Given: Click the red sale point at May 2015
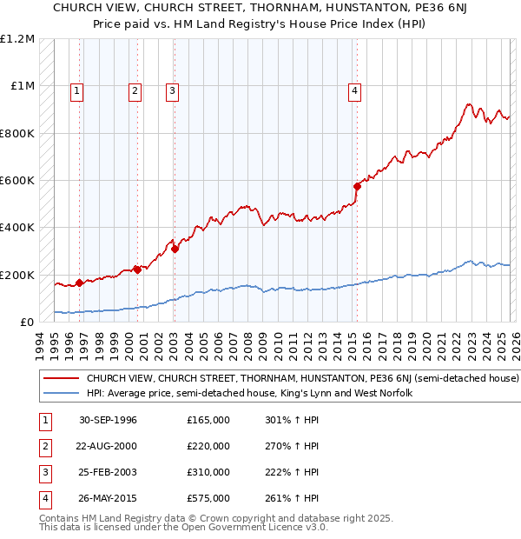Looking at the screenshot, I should pos(357,186).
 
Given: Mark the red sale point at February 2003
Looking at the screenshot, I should pos(175,249).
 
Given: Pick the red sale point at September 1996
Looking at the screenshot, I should pos(79,283).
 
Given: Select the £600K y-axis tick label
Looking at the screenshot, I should pos(16,181).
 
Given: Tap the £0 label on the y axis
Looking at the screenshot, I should pos(26,322).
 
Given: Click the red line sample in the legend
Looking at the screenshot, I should pos(61,379).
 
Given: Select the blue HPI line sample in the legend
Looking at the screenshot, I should pos(61,394).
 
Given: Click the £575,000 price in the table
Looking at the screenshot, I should pos(208,499).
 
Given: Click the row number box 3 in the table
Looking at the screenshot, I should pos(43,473).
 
